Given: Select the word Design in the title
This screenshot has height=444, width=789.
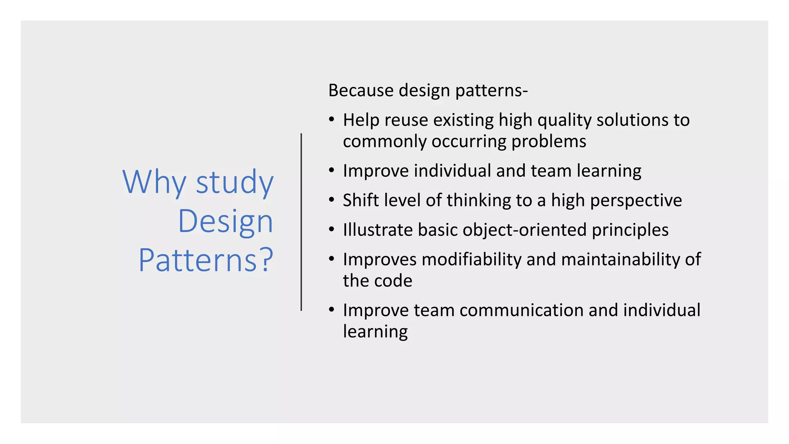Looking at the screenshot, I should coord(225,221).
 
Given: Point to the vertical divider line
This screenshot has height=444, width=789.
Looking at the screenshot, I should coord(301,222).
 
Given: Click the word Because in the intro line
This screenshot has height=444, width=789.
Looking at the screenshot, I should coord(361,91).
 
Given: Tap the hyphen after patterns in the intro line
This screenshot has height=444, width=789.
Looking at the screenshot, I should coord(525,92).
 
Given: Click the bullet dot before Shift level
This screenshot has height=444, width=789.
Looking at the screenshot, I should coord(332,200).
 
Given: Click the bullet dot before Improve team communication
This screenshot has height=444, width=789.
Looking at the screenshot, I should coord(332,309).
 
